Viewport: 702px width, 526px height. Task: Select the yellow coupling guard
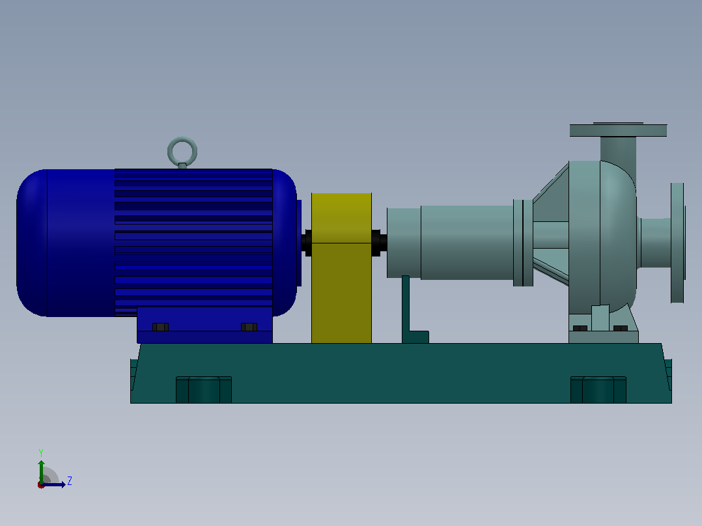[x=341, y=268]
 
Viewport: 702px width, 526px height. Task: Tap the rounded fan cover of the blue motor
[x=32, y=243]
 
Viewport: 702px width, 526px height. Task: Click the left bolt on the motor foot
[x=160, y=327]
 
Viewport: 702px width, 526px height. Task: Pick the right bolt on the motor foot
[x=249, y=327]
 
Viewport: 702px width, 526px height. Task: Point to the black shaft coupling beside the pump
[x=379, y=243]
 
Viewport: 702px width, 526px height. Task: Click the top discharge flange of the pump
[x=618, y=130]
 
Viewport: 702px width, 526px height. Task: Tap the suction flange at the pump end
[x=677, y=243]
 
